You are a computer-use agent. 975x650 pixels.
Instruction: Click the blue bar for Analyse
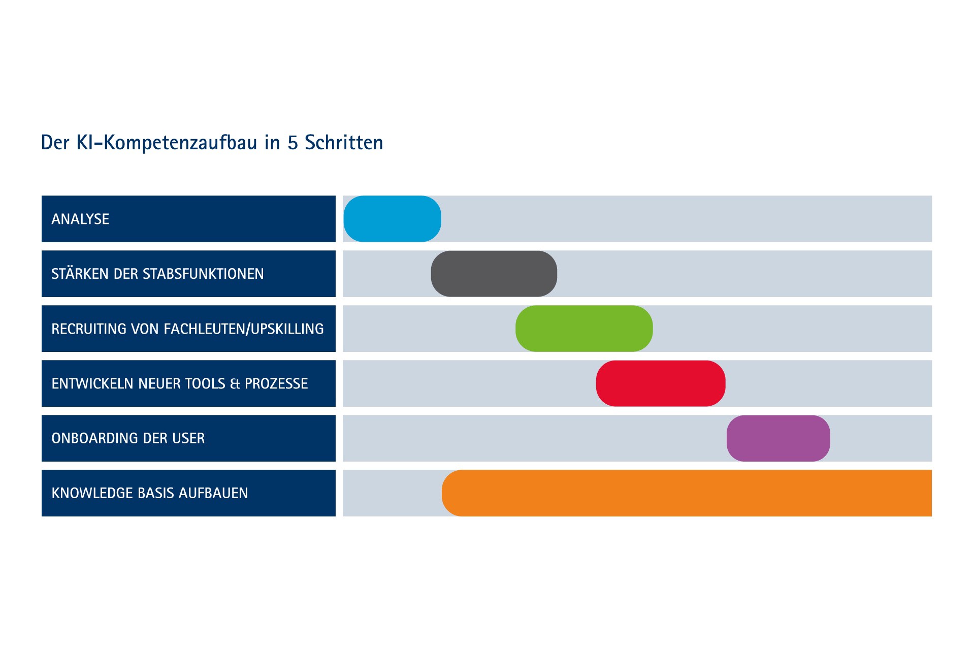[392, 219]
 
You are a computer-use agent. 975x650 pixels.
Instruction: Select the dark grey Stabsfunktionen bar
[494, 274]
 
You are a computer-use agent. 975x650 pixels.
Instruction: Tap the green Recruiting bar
[584, 329]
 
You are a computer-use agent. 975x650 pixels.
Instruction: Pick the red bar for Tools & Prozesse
[661, 383]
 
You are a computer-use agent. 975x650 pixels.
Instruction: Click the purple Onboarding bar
[778, 438]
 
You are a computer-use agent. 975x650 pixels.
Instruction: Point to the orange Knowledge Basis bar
[687, 493]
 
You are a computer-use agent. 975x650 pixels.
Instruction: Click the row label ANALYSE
[80, 219]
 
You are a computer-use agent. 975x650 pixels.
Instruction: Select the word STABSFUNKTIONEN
[203, 274]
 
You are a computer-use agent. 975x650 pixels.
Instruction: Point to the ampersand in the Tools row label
[235, 384]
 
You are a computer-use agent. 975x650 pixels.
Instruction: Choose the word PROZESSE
[276, 384]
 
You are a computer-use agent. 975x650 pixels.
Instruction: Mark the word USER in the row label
[188, 439]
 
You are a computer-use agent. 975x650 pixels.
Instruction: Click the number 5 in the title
[292, 143]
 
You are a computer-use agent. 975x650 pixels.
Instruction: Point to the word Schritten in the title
[344, 142]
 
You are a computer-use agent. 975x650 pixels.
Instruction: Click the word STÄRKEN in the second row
[80, 273]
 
